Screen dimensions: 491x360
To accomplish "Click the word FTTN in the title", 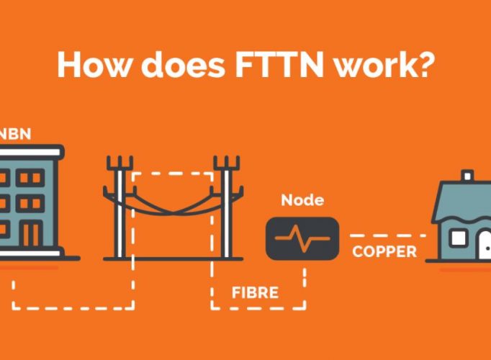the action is click(x=279, y=65).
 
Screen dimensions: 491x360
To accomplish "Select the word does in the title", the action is click(x=183, y=65).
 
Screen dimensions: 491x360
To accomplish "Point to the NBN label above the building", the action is click(x=15, y=134).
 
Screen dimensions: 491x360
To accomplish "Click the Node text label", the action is click(x=302, y=200).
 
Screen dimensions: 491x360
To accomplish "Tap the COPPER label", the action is click(x=384, y=251).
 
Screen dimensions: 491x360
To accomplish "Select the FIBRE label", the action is click(x=255, y=293).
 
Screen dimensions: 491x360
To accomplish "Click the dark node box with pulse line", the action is click(x=302, y=238).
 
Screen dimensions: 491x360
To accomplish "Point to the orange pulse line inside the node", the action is click(x=302, y=238).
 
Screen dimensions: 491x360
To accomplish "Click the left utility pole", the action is click(x=120, y=207).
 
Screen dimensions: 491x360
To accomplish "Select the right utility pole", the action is click(x=227, y=207).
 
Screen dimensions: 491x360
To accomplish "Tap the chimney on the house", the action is click(x=467, y=175).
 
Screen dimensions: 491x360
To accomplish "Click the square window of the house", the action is click(x=459, y=238).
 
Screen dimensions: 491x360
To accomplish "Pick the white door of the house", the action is click(x=485, y=245).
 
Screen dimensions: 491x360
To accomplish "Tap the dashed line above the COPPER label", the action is click(x=388, y=235).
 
